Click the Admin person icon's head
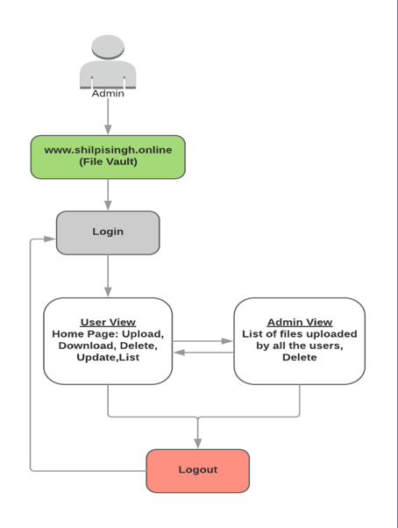[x=108, y=47]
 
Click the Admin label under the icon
[x=108, y=93]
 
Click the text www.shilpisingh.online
[x=108, y=150]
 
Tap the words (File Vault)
[x=108, y=161]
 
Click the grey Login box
[x=108, y=232]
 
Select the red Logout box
[x=197, y=470]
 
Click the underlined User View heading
[x=108, y=322]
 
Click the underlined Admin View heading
[x=299, y=322]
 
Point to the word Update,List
[x=108, y=357]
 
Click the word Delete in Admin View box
[x=299, y=357]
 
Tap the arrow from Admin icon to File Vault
[x=108, y=115]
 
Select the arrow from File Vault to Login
[x=108, y=195]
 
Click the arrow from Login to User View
[x=108, y=275]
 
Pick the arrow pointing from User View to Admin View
[x=203, y=341]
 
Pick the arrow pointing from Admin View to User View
[x=203, y=353]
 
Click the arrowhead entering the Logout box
[x=197, y=443]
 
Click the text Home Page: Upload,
[x=108, y=333]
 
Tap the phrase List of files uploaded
[x=299, y=333]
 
